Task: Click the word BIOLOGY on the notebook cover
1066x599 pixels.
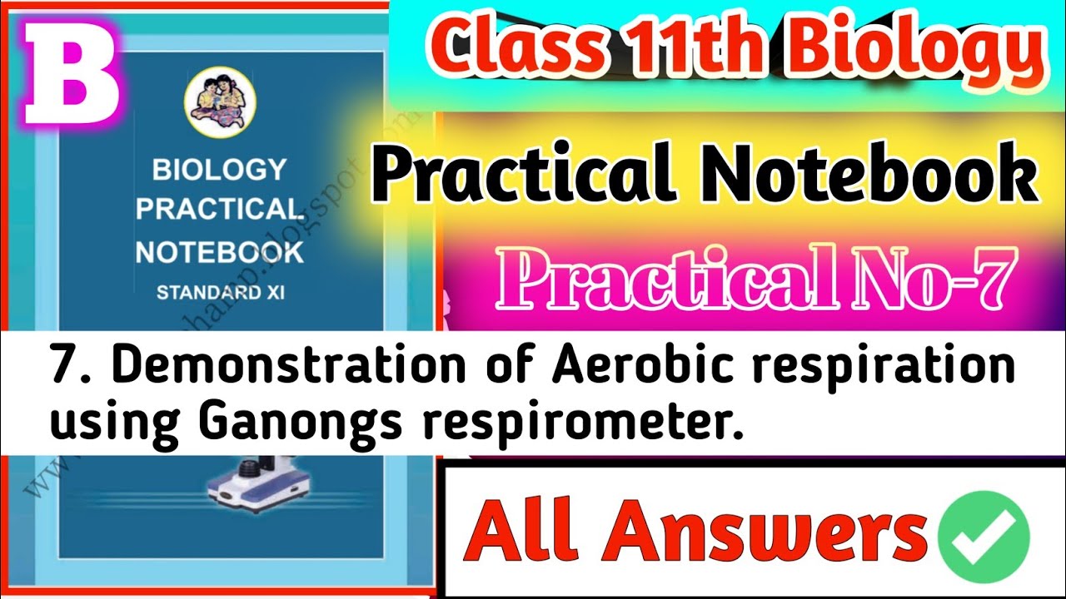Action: click(x=219, y=171)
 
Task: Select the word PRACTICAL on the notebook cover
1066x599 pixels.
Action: click(x=218, y=210)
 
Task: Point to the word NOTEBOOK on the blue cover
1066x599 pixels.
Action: click(x=219, y=252)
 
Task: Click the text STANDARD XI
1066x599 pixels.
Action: click(x=219, y=292)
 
